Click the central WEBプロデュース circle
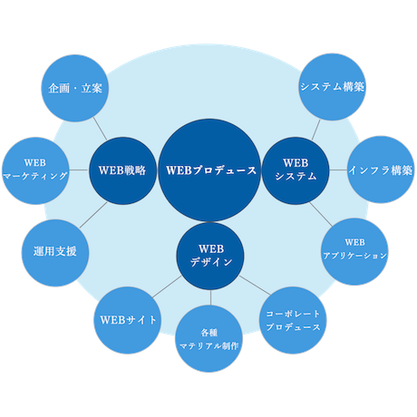pos(209,170)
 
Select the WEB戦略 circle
pos(122,170)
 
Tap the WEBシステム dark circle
pos(296,170)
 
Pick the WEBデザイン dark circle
pos(210,257)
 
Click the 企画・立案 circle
pos(74,88)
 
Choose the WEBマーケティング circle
pos(35,170)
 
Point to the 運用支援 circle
pos(55,253)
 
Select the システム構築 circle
pos(332,87)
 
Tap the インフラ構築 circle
pos(381,170)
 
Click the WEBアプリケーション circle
pos(354,252)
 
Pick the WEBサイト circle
pos(127,320)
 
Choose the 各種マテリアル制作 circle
pos(209,338)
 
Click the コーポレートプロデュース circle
pos(293,320)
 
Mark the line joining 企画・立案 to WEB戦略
pos(100,129)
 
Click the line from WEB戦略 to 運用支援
pos(93,215)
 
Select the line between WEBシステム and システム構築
pos(316,130)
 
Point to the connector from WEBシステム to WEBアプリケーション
pos(321,214)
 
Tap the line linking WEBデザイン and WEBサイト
pos(167,286)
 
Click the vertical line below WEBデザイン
pos(210,297)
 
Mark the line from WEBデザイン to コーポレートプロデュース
pos(255,286)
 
